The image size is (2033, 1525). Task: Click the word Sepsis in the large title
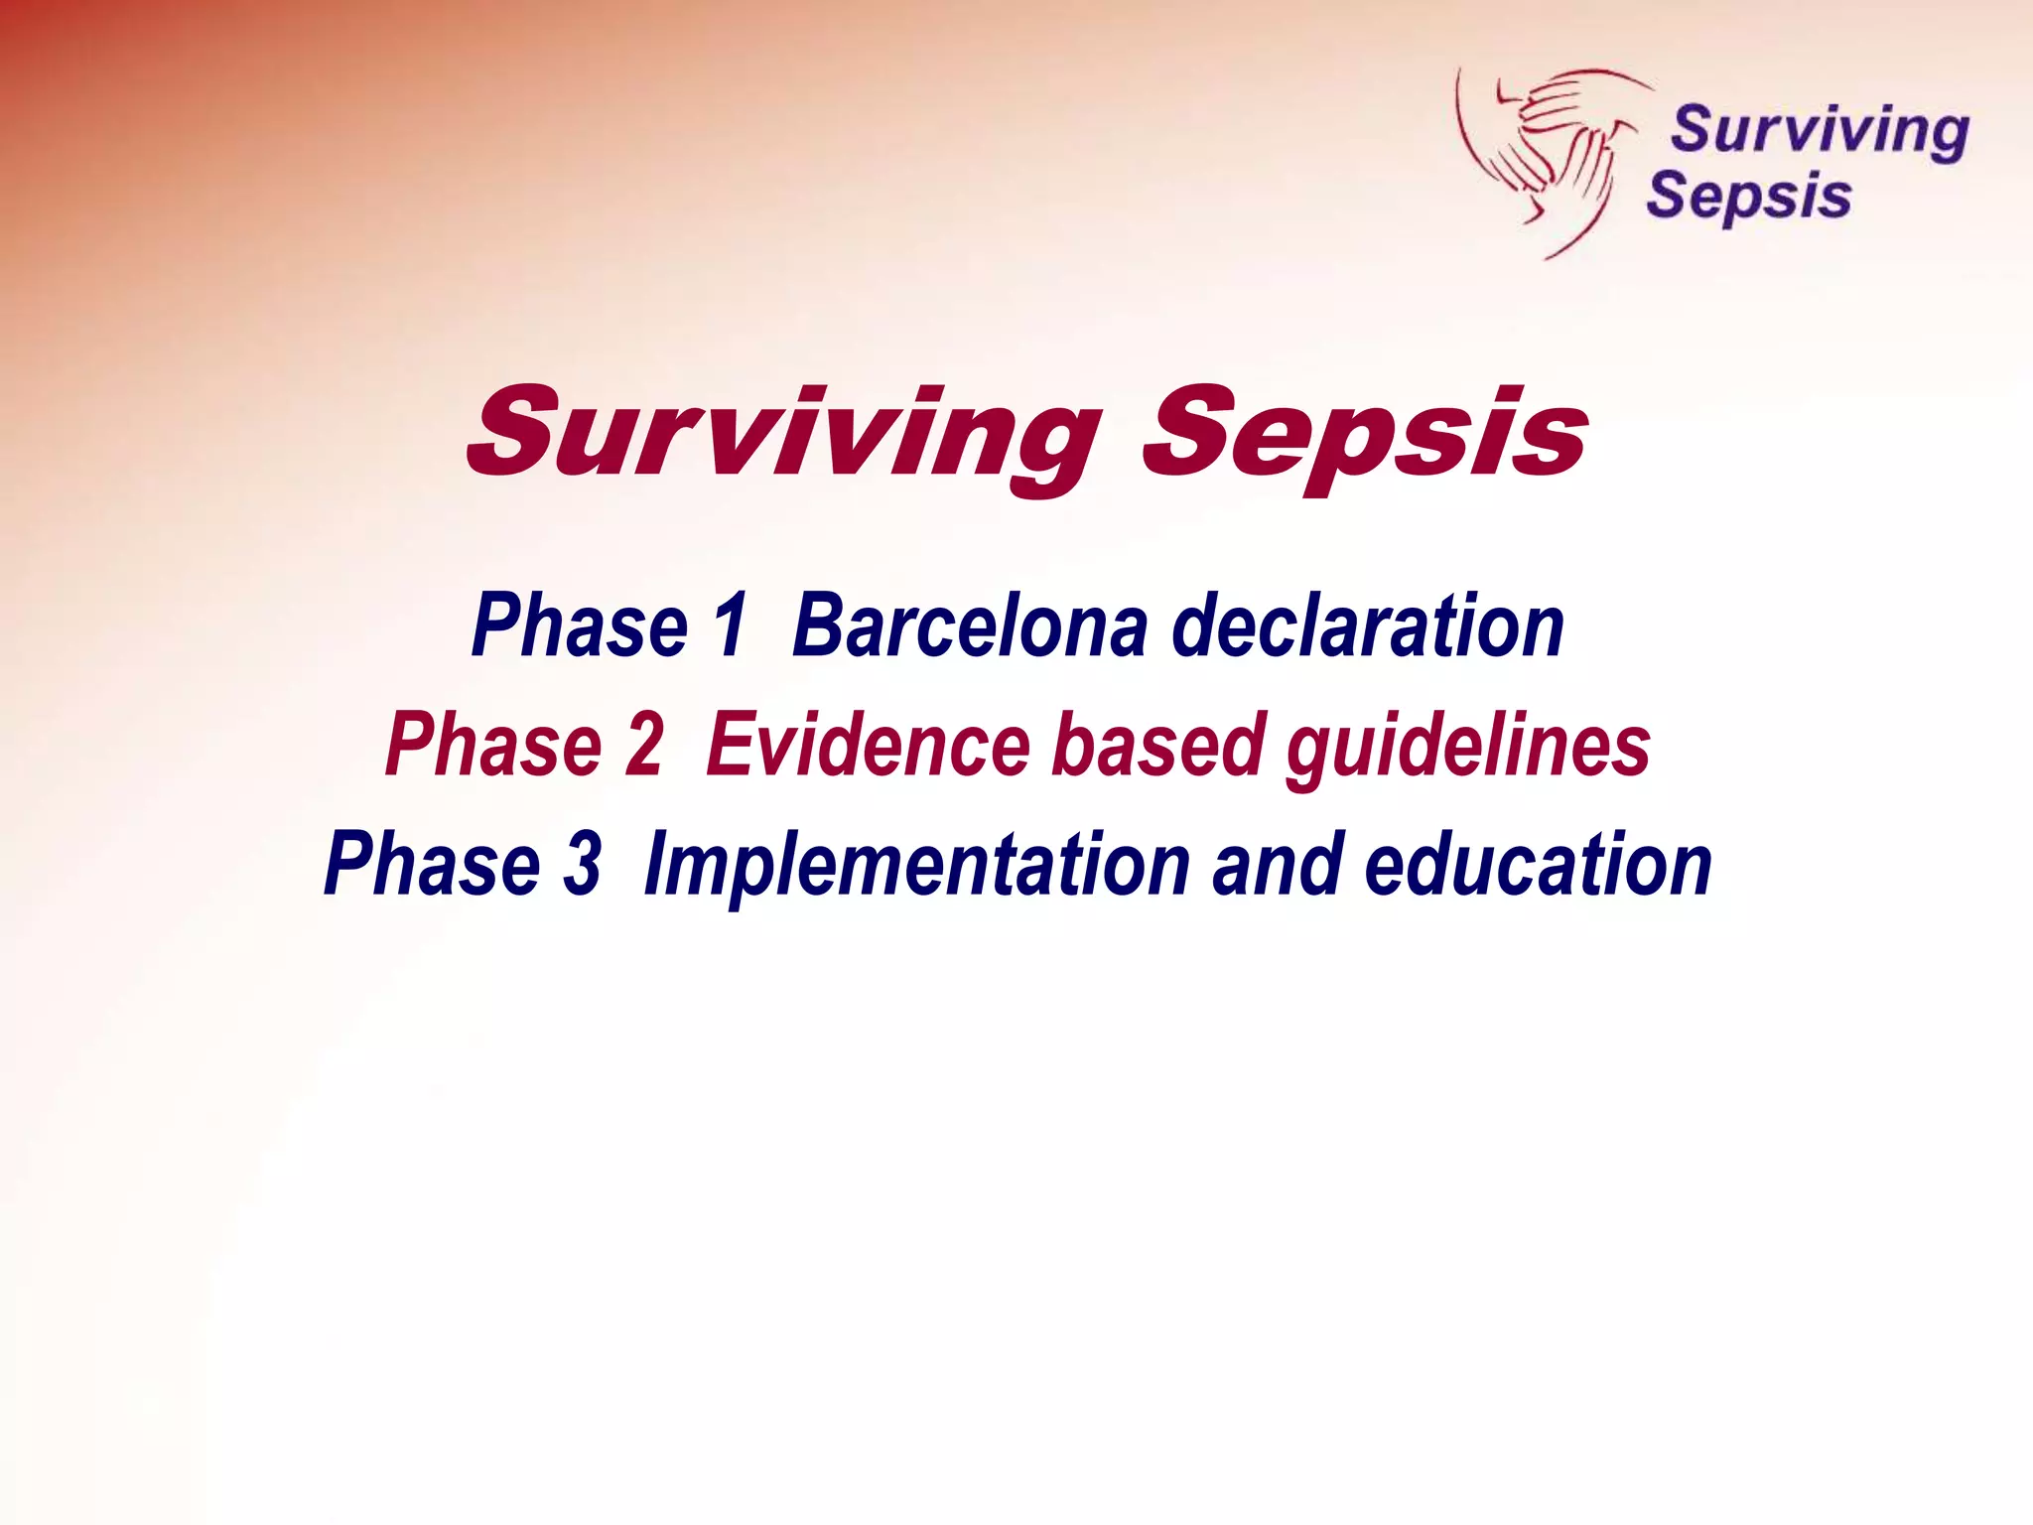click(x=1365, y=437)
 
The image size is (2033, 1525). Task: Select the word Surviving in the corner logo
click(x=1819, y=132)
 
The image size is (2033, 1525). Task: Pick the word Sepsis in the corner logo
click(x=1749, y=197)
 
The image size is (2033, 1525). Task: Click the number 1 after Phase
click(x=730, y=625)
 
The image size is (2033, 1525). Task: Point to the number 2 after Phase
click(x=643, y=745)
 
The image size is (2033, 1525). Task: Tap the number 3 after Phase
click(x=582, y=864)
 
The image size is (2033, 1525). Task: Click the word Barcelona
click(x=970, y=625)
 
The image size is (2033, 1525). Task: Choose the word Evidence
click(x=869, y=745)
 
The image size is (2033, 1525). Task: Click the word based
click(x=1157, y=745)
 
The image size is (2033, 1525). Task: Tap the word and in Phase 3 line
click(x=1277, y=864)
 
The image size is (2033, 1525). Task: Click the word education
click(x=1538, y=864)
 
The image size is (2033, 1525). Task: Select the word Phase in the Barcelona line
click(x=580, y=625)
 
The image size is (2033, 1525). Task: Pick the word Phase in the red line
click(x=493, y=745)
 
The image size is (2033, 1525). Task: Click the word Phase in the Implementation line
click(x=433, y=864)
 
